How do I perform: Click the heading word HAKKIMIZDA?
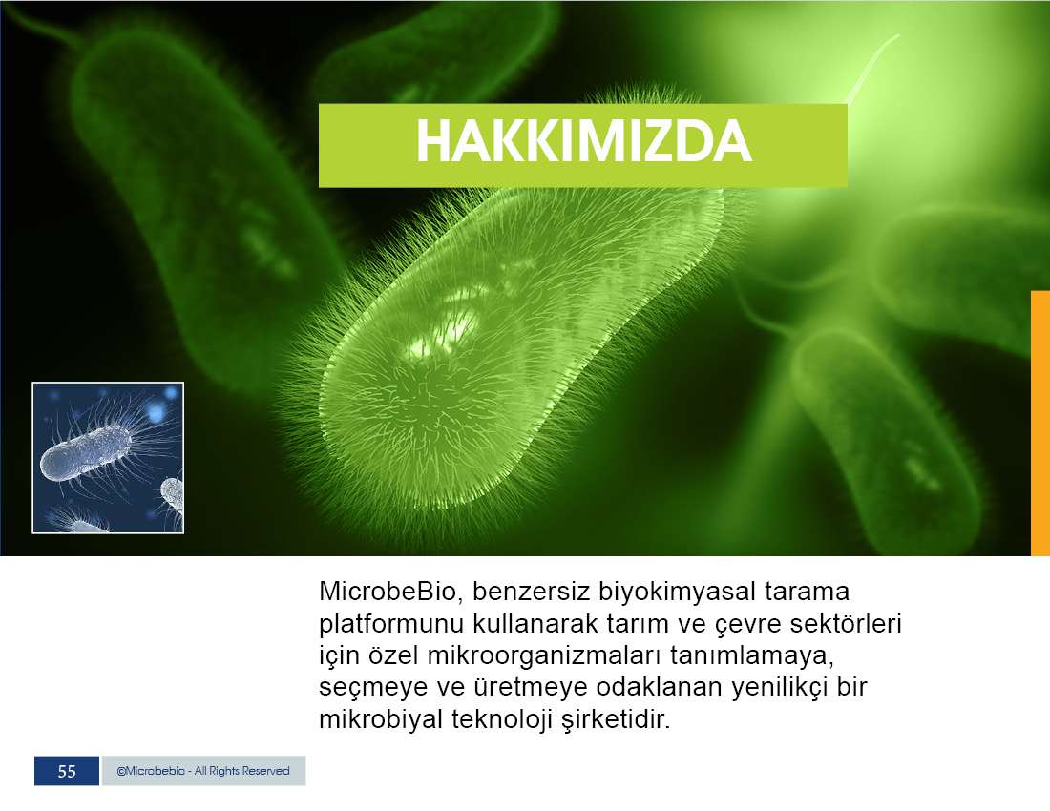pos(584,141)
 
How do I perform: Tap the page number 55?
pos(67,771)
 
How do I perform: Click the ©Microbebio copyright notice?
pos(203,771)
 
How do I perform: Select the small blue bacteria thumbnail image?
pos(108,458)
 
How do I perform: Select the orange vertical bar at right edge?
pos(1039,423)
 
